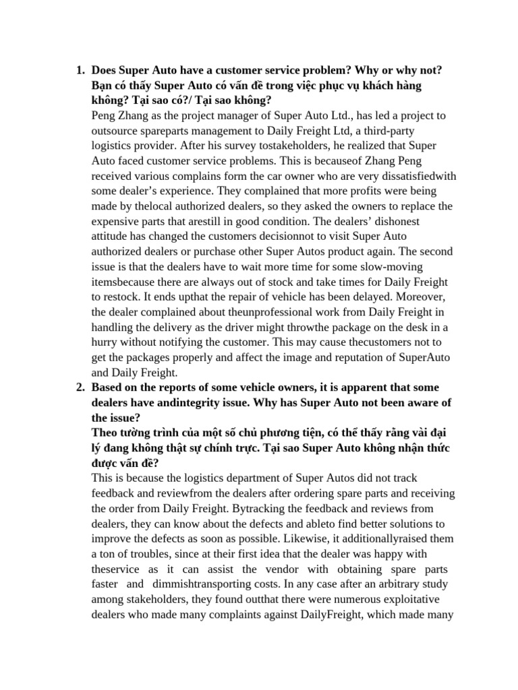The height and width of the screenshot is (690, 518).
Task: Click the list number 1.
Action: (79, 71)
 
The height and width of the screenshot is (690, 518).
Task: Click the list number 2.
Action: (79, 387)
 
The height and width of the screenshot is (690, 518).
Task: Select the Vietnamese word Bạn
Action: (102, 86)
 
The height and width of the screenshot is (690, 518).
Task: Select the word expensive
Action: (115, 221)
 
